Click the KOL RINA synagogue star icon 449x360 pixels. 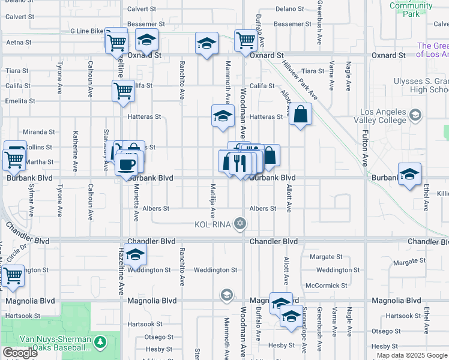click(240, 224)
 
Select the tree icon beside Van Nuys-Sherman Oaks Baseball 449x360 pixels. click(101, 342)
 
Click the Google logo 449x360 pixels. click(20, 353)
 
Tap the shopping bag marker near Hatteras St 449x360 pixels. click(301, 113)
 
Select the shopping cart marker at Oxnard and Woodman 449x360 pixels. click(246, 41)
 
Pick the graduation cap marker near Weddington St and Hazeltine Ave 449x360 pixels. click(135, 255)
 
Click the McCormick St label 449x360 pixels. click(326, 286)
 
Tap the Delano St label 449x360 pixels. click(291, 9)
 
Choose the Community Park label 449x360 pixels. click(411, 10)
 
